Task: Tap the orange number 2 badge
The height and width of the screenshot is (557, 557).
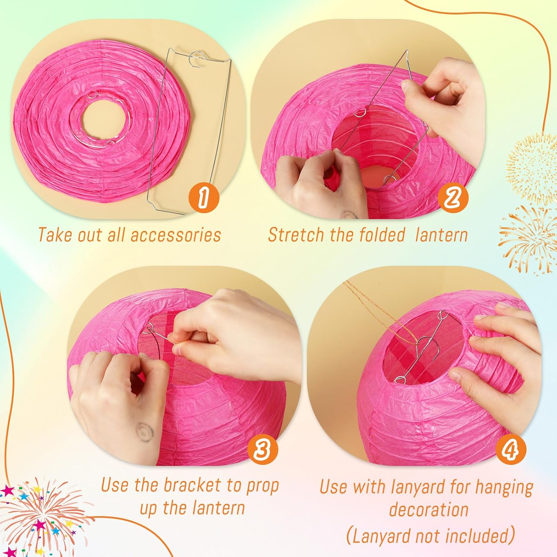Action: coord(453,197)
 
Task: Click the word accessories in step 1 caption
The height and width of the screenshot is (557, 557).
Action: coord(176,235)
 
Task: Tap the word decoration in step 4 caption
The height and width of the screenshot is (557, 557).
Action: coord(429,509)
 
